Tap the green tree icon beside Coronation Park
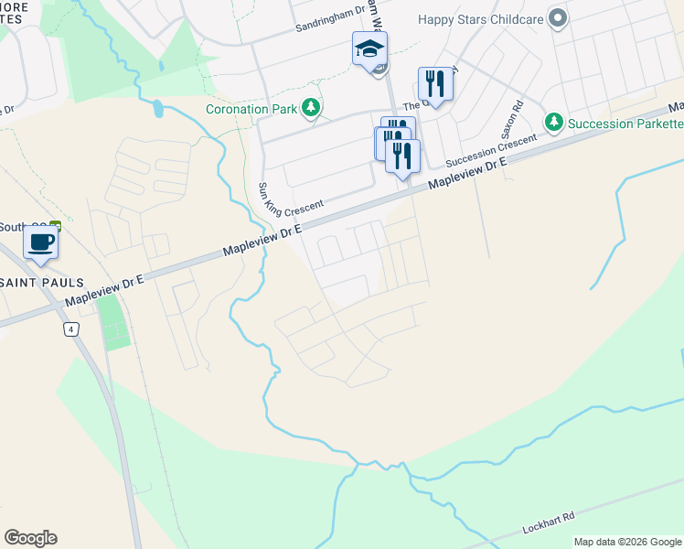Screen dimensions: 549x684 (312, 109)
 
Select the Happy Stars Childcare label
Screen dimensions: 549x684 (481, 18)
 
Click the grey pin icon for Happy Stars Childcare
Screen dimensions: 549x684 (558, 18)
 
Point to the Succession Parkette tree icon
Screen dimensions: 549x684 (553, 123)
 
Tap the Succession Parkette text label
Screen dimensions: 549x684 (625, 124)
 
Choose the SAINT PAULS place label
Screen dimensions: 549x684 (42, 283)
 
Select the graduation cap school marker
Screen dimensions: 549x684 (370, 49)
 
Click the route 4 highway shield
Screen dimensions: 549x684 (69, 328)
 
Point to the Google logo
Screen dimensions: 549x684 (30, 538)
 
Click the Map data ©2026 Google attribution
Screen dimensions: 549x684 (627, 542)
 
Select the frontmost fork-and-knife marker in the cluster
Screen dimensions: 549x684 (402, 156)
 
